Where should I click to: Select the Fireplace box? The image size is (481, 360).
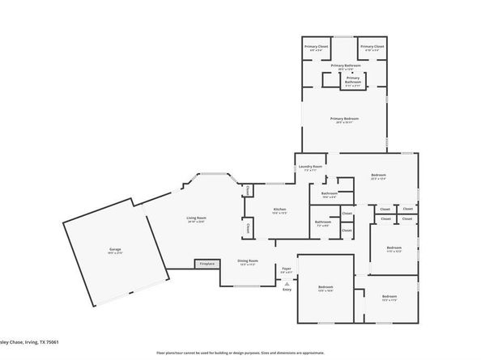point(207,264)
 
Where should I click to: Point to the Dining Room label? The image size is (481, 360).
point(247,261)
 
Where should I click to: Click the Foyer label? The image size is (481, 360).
point(286,269)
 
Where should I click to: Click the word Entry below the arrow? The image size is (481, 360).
point(287,289)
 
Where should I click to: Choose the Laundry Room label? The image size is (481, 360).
point(313,168)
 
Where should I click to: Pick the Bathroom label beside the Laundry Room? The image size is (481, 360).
point(329,193)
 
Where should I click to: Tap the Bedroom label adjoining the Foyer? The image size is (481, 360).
point(326,288)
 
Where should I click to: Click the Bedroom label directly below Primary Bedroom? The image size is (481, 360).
point(378,176)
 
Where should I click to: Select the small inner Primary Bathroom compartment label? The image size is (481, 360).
point(353,78)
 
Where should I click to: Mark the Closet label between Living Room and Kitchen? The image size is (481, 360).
point(248,191)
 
